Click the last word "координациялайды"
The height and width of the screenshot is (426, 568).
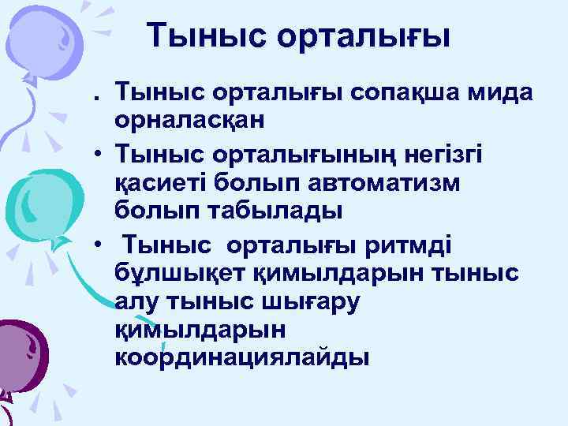click(241, 357)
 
